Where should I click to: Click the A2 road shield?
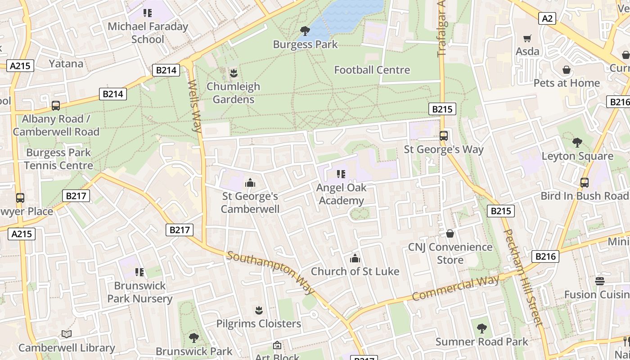[x=547, y=18]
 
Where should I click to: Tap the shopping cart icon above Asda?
[x=527, y=39]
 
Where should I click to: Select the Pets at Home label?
[x=566, y=83]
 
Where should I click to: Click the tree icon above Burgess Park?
[x=305, y=31]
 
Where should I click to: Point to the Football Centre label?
[x=372, y=70]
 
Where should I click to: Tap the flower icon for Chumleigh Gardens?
[x=233, y=72]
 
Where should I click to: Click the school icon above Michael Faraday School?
[x=148, y=13]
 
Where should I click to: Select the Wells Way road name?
[x=194, y=106]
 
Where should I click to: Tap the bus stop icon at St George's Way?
[x=444, y=135]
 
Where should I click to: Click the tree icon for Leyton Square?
[x=577, y=143]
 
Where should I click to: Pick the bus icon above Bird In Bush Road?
[x=584, y=182]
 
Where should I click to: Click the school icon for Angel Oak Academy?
[x=341, y=174]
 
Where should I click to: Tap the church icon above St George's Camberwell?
[x=250, y=183]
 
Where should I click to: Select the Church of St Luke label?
[x=355, y=271]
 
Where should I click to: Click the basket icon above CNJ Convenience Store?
[x=450, y=234]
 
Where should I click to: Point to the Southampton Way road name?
[x=271, y=273]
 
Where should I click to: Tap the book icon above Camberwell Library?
[x=67, y=334]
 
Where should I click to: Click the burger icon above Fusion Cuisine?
[x=599, y=281]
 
